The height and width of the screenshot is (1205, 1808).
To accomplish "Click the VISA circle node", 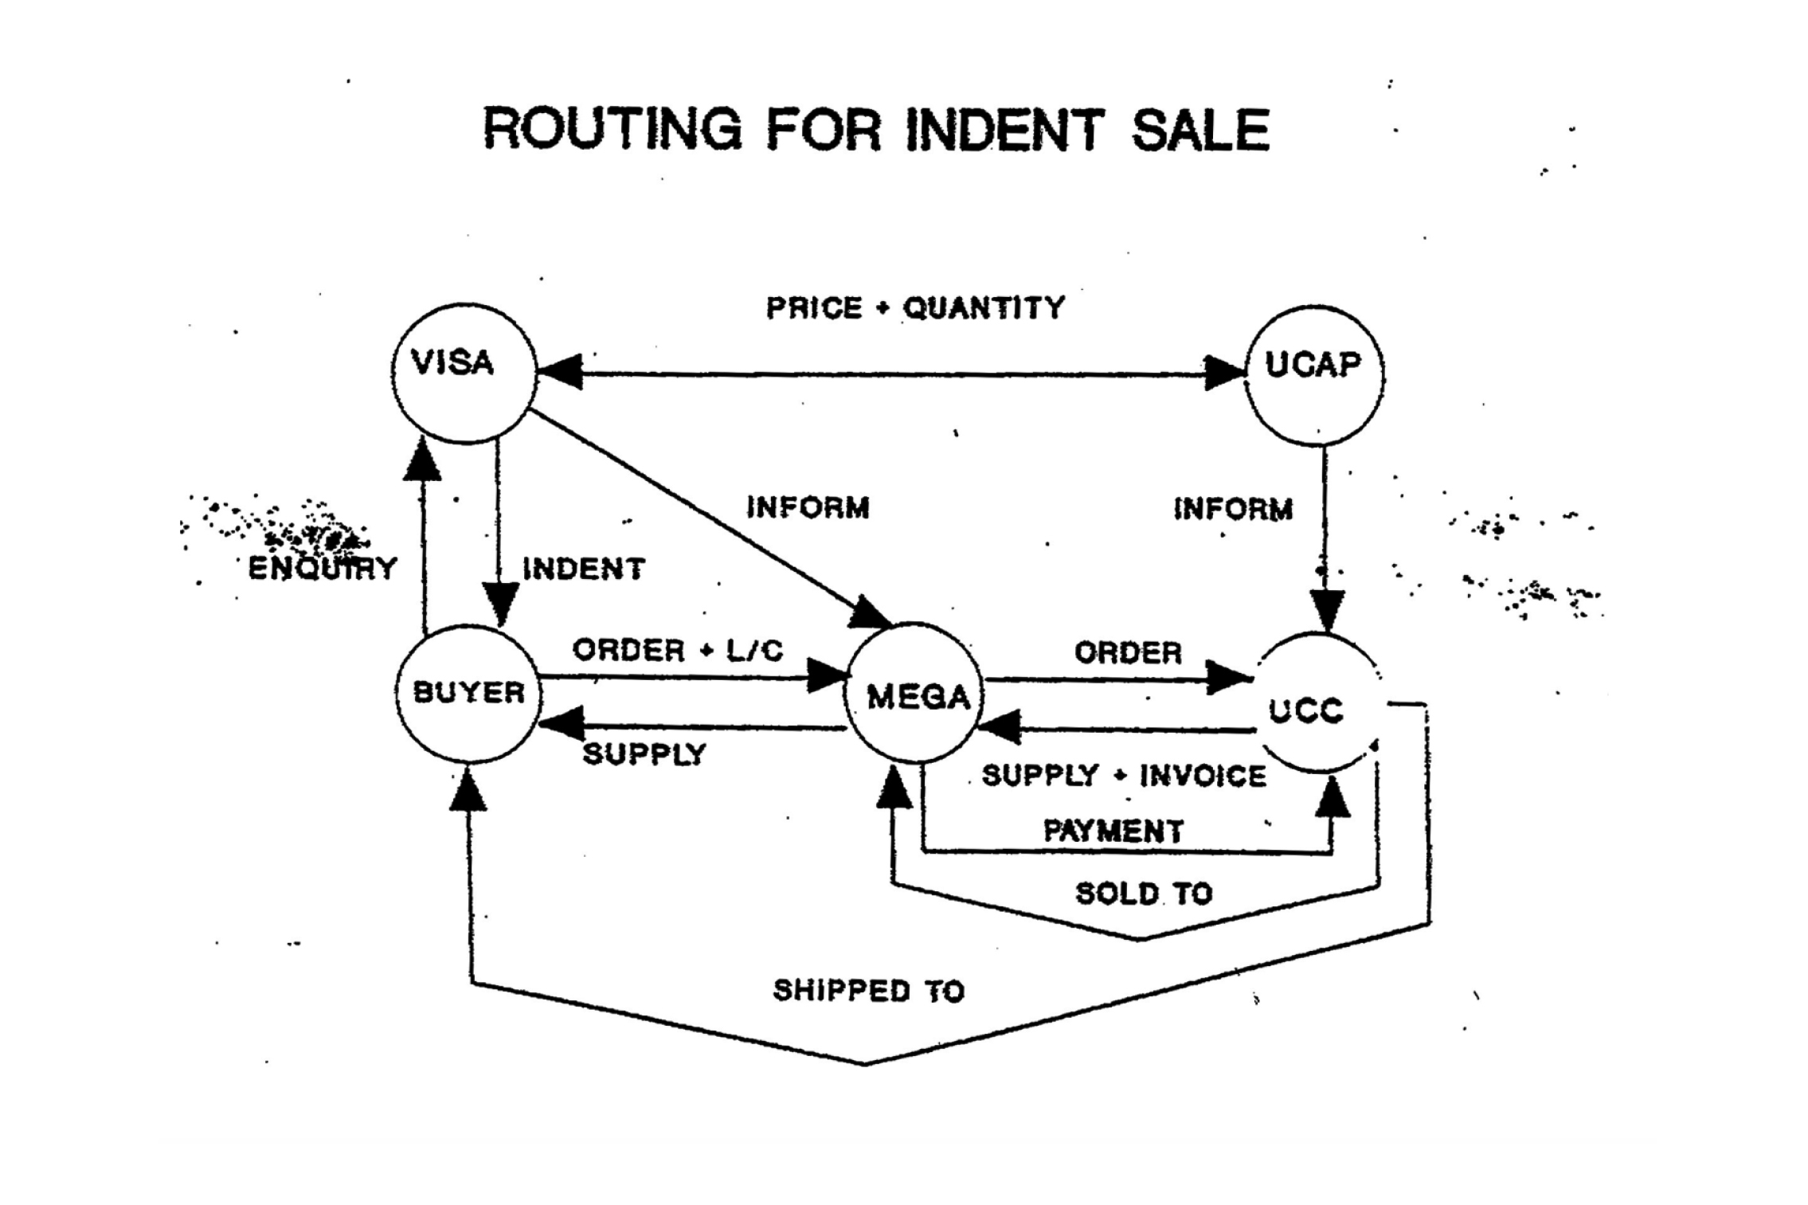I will coord(464,373).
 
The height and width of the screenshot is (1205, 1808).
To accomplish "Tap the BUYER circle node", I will coord(468,693).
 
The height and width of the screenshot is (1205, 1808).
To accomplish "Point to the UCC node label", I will coord(1306,710).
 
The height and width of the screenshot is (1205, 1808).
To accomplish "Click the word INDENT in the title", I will coord(1006,130).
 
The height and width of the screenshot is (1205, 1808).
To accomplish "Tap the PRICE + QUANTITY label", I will coord(915,308).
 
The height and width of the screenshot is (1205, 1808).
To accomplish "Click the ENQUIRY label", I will coord(323,568).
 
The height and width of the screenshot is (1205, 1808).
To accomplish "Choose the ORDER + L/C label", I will coord(678,651).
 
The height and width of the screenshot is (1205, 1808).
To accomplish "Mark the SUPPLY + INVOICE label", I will coord(1124,776).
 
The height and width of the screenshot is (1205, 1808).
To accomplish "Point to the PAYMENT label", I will coord(1113,831).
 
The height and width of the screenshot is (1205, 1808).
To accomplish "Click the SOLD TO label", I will coord(1144,894).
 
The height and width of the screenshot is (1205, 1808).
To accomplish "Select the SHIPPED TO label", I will coord(869,991).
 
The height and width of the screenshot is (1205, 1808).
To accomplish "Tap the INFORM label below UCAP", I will coord(1233,509).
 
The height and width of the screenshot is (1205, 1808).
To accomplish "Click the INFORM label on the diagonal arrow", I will coord(808,507).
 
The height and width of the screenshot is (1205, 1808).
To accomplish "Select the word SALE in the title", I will coord(1200,131).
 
